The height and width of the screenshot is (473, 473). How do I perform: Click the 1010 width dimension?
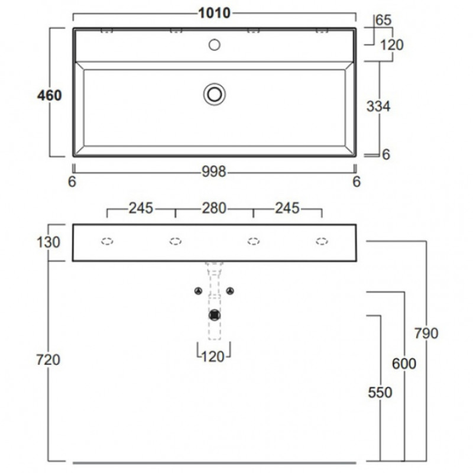click(214, 13)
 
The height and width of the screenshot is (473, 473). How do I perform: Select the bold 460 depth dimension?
click(50, 95)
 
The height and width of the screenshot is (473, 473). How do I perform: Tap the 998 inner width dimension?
click(214, 171)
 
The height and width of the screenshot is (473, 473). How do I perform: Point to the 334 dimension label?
click(378, 106)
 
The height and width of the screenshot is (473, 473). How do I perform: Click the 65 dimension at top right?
click(384, 20)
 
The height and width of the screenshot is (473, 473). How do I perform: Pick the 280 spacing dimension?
click(214, 208)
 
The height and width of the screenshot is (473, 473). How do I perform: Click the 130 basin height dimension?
click(48, 242)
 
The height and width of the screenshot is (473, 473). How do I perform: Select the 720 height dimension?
click(48, 359)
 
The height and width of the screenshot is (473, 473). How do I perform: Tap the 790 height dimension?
click(426, 333)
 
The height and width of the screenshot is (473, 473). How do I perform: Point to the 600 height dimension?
click(404, 364)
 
